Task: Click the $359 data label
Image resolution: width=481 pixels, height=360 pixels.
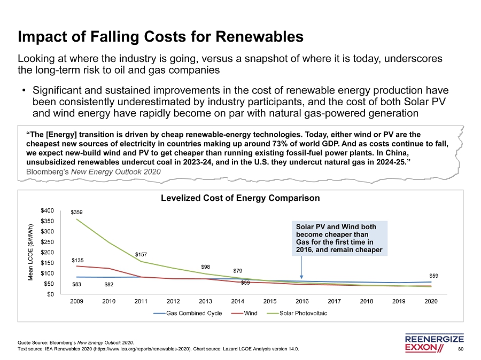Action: click(x=77, y=212)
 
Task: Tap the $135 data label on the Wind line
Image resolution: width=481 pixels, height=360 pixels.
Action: click(x=77, y=260)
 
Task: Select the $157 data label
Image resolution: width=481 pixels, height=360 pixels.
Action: click(x=141, y=254)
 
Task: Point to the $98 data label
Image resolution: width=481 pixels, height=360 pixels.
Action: click(x=206, y=267)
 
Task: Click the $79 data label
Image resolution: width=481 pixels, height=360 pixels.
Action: click(x=238, y=271)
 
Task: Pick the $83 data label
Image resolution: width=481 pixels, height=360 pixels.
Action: click(x=77, y=284)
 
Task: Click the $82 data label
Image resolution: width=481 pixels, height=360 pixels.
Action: click(x=109, y=284)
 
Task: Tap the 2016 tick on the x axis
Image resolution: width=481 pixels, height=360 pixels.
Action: click(x=302, y=302)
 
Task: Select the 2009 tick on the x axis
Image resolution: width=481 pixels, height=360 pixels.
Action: click(x=77, y=302)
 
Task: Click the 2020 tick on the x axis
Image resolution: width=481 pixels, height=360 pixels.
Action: click(x=431, y=302)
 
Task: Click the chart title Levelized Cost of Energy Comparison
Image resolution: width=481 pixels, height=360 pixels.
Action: click(x=241, y=198)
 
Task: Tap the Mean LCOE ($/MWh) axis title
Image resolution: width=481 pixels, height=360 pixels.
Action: click(x=31, y=252)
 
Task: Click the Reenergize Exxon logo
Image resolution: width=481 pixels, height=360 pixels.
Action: click(x=435, y=343)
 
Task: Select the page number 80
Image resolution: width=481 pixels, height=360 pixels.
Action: click(x=461, y=349)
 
